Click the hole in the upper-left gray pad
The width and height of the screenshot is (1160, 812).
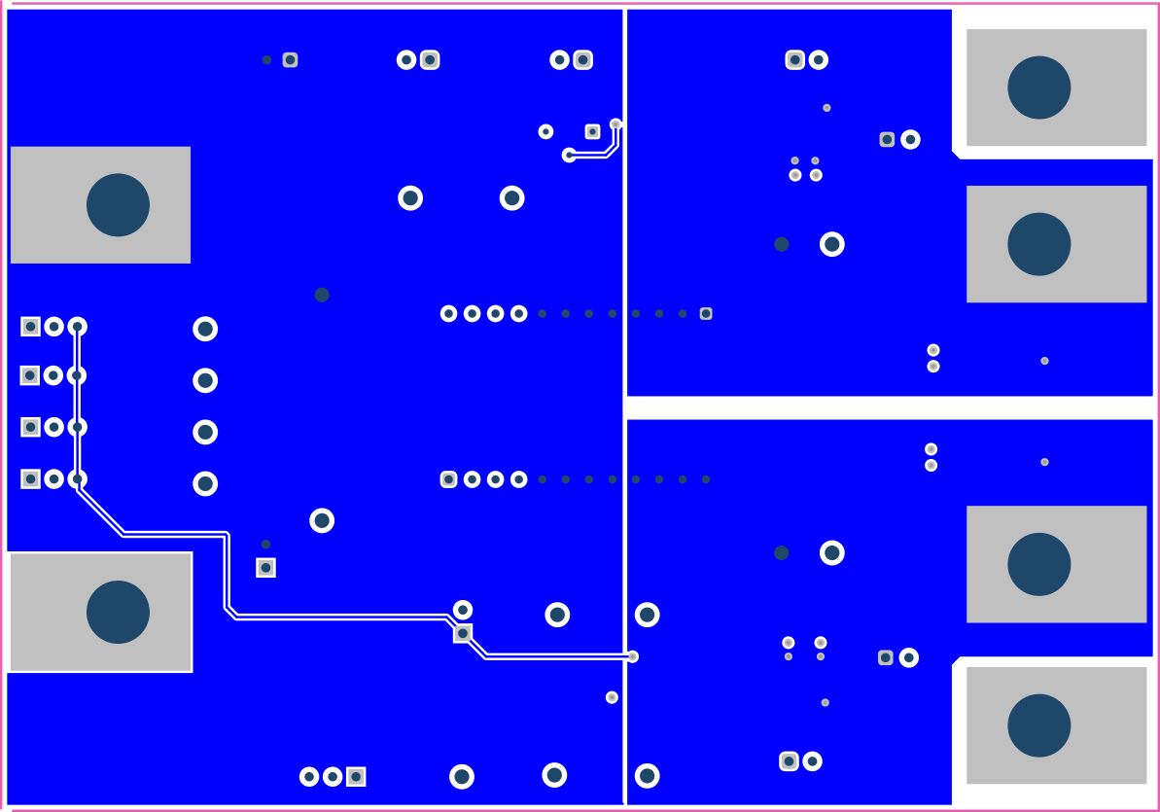pos(118,205)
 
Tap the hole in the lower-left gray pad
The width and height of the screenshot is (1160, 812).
pos(118,613)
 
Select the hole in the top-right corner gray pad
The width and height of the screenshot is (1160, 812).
pos(1038,88)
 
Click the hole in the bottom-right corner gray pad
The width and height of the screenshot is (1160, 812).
pos(1038,725)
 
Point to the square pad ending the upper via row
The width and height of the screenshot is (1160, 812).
pos(706,313)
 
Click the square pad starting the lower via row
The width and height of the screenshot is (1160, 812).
pos(448,479)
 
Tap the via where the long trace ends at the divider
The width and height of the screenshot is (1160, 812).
pos(632,656)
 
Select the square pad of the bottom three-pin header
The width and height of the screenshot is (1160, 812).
pos(356,776)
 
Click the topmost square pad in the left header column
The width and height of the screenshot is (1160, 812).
pos(30,327)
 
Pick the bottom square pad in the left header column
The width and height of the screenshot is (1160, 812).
pos(30,478)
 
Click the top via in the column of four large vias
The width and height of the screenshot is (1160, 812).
pos(205,329)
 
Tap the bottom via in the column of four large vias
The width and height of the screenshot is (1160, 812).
pos(205,483)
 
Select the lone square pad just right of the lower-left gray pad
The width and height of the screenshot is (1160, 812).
pos(265,568)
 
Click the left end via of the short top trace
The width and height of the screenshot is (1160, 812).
pos(569,155)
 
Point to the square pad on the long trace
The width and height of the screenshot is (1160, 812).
pos(463,633)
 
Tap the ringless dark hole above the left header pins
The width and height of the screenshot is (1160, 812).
pos(322,295)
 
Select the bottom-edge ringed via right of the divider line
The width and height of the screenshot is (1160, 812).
pos(647,776)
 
